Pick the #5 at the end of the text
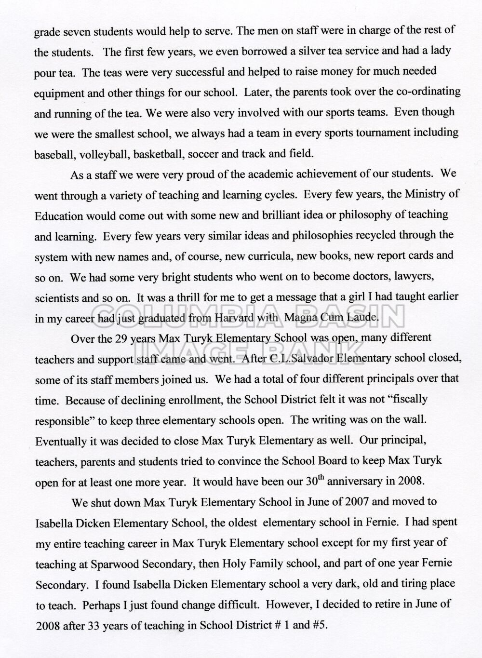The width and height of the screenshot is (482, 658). (319, 625)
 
